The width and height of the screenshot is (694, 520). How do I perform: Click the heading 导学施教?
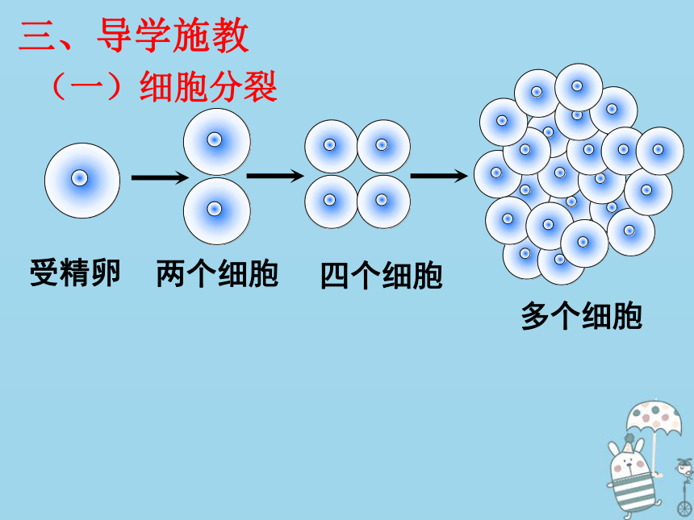[x=173, y=35]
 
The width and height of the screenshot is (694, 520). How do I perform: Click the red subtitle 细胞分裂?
[x=208, y=86]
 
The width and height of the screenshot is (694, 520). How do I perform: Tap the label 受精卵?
[x=75, y=272]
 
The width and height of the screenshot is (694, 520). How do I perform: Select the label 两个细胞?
[x=217, y=274]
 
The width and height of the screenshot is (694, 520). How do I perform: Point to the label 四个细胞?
[x=382, y=276]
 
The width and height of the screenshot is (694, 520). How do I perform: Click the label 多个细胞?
[x=582, y=316]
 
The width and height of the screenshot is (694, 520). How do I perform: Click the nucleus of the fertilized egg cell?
[x=80, y=178]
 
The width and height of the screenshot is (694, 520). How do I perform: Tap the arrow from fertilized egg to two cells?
[x=161, y=177]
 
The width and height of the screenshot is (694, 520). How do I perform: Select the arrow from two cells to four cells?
[x=275, y=176]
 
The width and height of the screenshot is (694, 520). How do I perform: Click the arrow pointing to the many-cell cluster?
[x=439, y=176]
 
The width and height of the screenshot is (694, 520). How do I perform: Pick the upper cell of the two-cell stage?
[x=217, y=142]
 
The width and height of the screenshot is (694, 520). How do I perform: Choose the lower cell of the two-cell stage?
[x=217, y=211]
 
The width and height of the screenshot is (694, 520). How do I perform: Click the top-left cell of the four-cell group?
[x=331, y=147]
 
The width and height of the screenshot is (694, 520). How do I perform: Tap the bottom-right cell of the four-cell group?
[x=384, y=202]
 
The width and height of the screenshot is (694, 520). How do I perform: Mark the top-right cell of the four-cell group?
[x=384, y=147]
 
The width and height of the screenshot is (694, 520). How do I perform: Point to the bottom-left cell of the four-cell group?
[x=331, y=202]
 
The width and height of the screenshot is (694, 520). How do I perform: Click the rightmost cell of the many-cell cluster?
[x=660, y=151]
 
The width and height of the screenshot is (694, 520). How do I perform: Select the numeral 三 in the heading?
[x=38, y=36]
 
